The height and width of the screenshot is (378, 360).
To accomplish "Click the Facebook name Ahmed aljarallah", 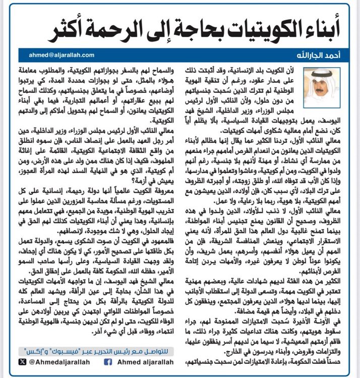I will pos(139,361).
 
